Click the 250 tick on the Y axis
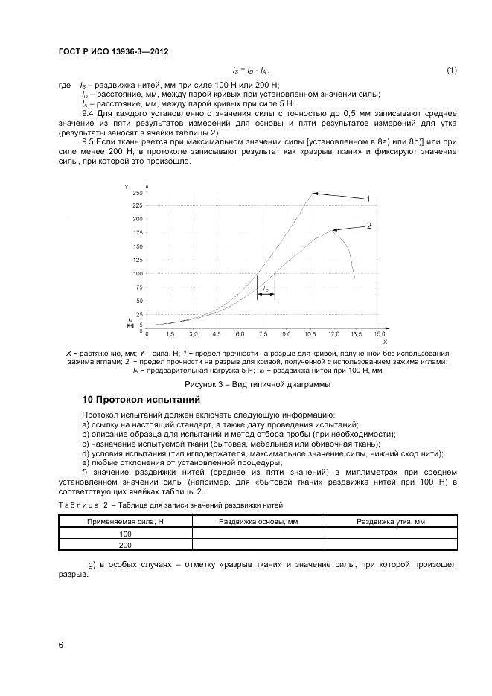[x=138, y=193]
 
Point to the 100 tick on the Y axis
[x=138, y=274]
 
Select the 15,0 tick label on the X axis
[x=379, y=337]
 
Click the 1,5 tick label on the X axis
[x=170, y=337]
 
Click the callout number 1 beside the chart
[x=368, y=199]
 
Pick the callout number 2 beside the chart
[x=368, y=225]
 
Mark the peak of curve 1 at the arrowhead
[x=312, y=193]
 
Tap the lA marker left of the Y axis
[x=130, y=319]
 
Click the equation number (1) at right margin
[x=451, y=70]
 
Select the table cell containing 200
[x=125, y=544]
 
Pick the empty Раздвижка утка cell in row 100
[x=391, y=534]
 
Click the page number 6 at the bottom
[x=60, y=645]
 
